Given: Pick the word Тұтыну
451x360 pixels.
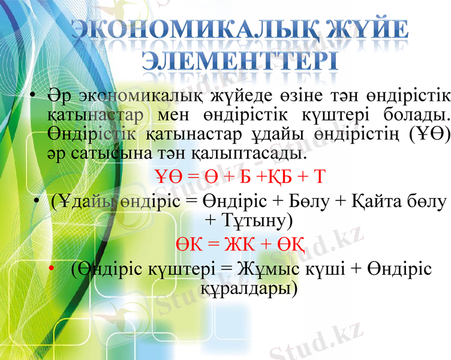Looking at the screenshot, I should pos(249,220).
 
